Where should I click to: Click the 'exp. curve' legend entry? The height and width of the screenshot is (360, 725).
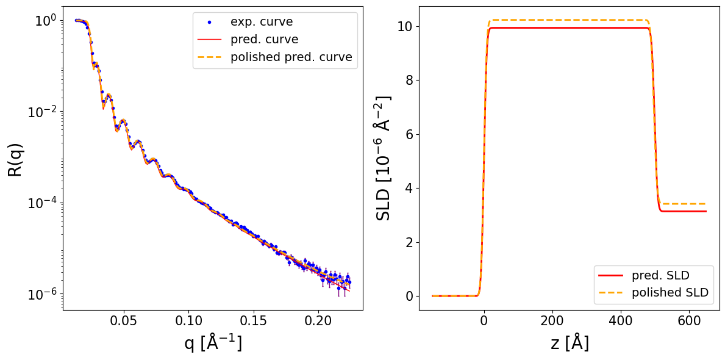(261, 22)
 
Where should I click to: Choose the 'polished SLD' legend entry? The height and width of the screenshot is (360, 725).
(670, 292)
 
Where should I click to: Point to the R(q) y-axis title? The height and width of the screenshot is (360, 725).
(15, 159)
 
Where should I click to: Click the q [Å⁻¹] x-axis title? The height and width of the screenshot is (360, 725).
(213, 343)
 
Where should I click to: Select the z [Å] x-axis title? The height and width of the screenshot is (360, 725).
(569, 343)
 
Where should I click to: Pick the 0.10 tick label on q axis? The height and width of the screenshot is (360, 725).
(189, 320)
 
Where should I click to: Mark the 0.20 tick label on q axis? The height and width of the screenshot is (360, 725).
(318, 320)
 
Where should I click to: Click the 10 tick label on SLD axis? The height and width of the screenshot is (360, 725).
(404, 26)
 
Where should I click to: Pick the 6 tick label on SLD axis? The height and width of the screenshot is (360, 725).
(409, 134)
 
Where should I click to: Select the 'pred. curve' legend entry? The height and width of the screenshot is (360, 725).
(262, 40)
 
